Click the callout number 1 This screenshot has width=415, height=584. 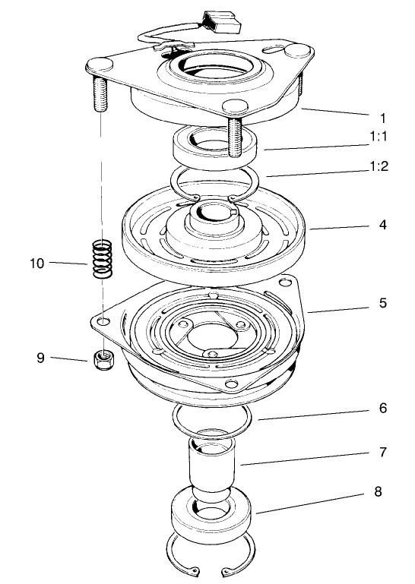pos(382,118)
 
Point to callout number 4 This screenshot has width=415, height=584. pos(382,226)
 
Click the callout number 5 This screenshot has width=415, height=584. pos(382,304)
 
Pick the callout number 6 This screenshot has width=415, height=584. pos(382,408)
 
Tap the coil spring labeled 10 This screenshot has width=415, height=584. pos(101,260)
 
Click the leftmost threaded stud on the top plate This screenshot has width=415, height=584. pos(100,92)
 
